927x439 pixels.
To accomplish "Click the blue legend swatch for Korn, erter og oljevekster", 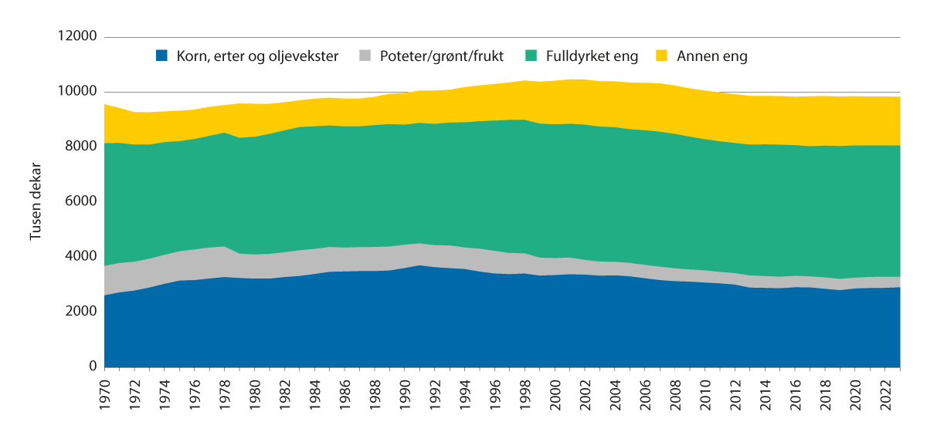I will [x=161, y=56].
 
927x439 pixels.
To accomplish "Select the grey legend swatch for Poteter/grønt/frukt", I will [x=365, y=56].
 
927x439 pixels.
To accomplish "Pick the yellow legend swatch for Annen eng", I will [x=661, y=56].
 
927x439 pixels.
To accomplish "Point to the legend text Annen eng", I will [x=712, y=56].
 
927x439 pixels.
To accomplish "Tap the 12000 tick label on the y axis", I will [x=78, y=37].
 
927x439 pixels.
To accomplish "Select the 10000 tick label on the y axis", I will [x=78, y=92].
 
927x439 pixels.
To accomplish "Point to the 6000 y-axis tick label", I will [x=81, y=201].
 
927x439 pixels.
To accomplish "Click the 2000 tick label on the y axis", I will [x=81, y=312].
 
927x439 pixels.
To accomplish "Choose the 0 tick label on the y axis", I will [x=91, y=366].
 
